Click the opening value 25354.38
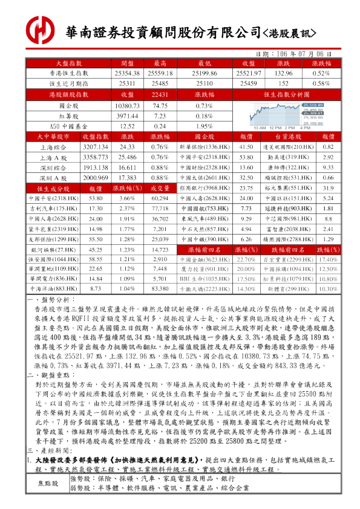[127, 73]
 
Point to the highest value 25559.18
[160, 73]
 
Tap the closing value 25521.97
[247, 73]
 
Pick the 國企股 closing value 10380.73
[127, 106]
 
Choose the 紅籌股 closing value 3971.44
[127, 116]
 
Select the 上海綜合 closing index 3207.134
[95, 147]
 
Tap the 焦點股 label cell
[48, 499]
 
